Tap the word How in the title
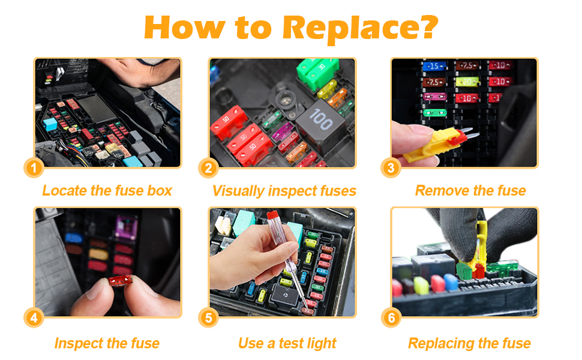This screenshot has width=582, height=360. (x=184, y=27)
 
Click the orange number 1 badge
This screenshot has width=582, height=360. (x=34, y=168)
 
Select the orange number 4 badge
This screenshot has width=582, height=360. (x=34, y=318)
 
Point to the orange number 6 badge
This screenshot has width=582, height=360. (x=391, y=318)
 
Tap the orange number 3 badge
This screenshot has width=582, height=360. (x=391, y=168)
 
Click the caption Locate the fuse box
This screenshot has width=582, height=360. (x=107, y=191)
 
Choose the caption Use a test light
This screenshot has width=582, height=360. (x=287, y=343)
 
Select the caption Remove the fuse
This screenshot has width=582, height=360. (x=470, y=191)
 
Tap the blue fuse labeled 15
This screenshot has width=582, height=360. (x=434, y=66)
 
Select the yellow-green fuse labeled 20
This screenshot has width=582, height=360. (x=467, y=82)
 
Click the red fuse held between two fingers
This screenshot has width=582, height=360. (x=120, y=280)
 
